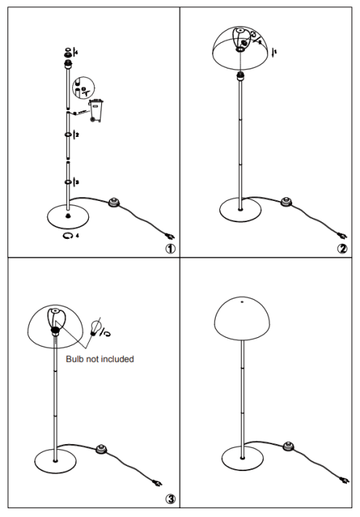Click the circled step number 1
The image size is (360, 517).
pos(171,248)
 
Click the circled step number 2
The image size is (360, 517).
pos(343,248)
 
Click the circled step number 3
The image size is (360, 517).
pos(171,500)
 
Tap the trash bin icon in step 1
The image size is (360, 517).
pos(96,111)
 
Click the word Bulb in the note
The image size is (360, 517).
pos(74,359)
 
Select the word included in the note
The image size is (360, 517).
pos(117,359)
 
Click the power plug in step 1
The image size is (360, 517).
pos(171,236)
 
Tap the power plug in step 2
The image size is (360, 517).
pos(343,236)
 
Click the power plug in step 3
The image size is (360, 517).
pos(157,483)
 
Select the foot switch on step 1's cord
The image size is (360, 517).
pos(114,202)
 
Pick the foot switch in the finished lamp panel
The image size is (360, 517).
pos(289,446)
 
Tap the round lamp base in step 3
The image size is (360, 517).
pos(55,461)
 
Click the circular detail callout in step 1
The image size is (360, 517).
pos(84,88)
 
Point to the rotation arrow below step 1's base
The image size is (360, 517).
pos(68,236)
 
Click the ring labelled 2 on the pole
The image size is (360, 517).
pos(69,135)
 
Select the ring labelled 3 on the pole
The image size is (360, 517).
pos(69,182)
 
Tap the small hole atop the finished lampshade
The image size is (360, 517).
pos(242,301)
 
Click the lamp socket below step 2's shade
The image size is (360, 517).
pos(240,76)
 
